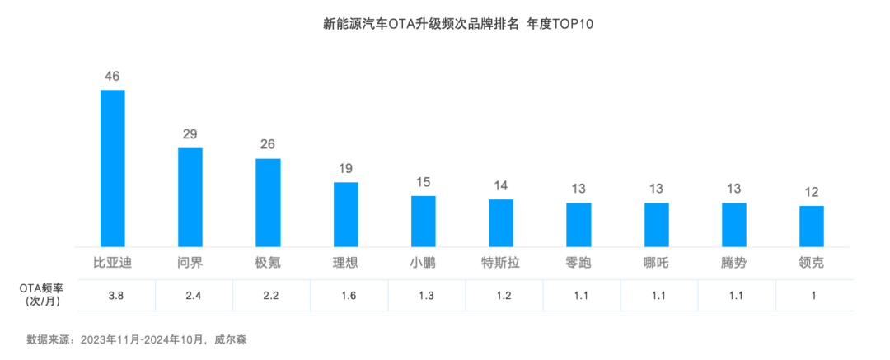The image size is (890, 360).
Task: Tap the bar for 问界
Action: tap(190, 196)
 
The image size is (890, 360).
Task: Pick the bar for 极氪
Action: tap(268, 202)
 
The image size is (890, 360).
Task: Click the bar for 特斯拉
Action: tap(501, 222)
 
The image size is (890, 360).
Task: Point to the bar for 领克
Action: tap(812, 226)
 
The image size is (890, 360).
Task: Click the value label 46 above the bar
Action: tap(112, 77)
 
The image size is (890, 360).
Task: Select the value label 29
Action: tap(190, 134)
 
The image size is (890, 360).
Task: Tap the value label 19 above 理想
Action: tap(345, 169)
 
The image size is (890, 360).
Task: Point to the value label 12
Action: tap(812, 192)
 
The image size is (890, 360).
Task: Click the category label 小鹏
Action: tap(424, 264)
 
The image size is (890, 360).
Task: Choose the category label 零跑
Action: tap(578, 264)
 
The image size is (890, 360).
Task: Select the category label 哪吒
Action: tap(657, 264)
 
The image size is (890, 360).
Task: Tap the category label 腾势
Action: tap(734, 264)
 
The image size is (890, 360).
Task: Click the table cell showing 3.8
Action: tap(113, 295)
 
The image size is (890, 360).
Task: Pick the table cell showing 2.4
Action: tap(190, 295)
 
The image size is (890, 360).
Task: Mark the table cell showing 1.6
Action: tap(345, 295)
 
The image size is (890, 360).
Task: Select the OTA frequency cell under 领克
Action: tap(812, 295)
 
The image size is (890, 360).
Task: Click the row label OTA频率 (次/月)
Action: tap(42, 295)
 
